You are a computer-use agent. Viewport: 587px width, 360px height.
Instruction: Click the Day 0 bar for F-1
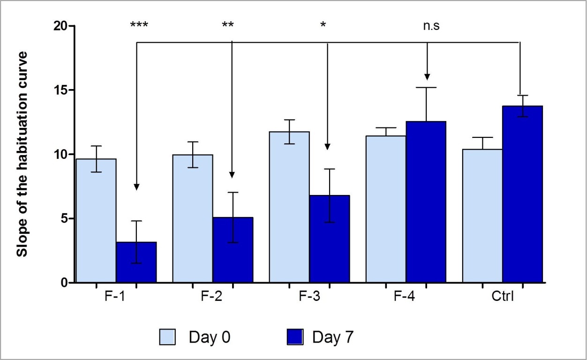click(x=96, y=220)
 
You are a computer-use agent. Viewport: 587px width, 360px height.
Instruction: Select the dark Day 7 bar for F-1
click(x=136, y=262)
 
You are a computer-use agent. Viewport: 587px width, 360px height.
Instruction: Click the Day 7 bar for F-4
click(x=426, y=202)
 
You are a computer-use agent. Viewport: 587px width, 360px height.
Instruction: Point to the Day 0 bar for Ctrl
click(x=482, y=216)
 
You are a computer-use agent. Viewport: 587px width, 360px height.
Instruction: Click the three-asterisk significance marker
click(x=139, y=25)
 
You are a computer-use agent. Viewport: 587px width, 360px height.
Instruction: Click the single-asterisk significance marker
click(x=323, y=25)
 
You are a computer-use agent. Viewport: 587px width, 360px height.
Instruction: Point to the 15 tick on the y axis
click(x=61, y=90)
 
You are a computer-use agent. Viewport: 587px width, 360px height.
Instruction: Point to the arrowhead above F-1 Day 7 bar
click(x=136, y=187)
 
